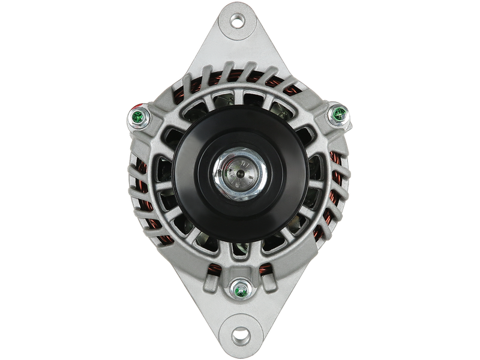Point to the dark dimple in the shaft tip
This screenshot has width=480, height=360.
coord(239,173)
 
